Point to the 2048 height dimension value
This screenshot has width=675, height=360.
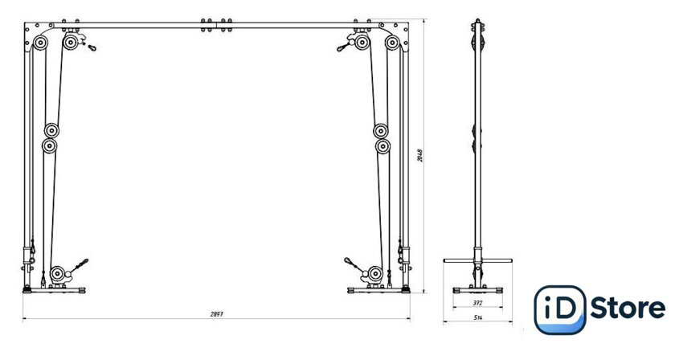click(x=419, y=155)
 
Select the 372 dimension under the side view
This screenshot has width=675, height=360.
click(x=477, y=303)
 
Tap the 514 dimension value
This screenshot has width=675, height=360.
click(x=477, y=318)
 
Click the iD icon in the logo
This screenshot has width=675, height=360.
click(x=559, y=309)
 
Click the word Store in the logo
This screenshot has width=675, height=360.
click(x=628, y=309)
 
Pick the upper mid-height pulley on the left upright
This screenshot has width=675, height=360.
click(x=52, y=130)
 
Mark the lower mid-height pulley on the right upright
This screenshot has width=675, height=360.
click(x=382, y=146)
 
